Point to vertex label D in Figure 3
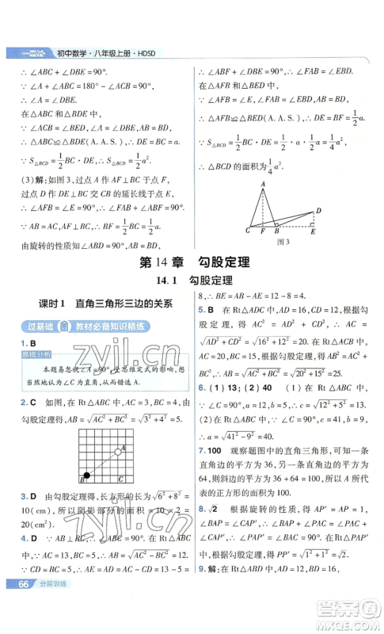pos(317,211)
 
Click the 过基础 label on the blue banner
pos(36,327)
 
